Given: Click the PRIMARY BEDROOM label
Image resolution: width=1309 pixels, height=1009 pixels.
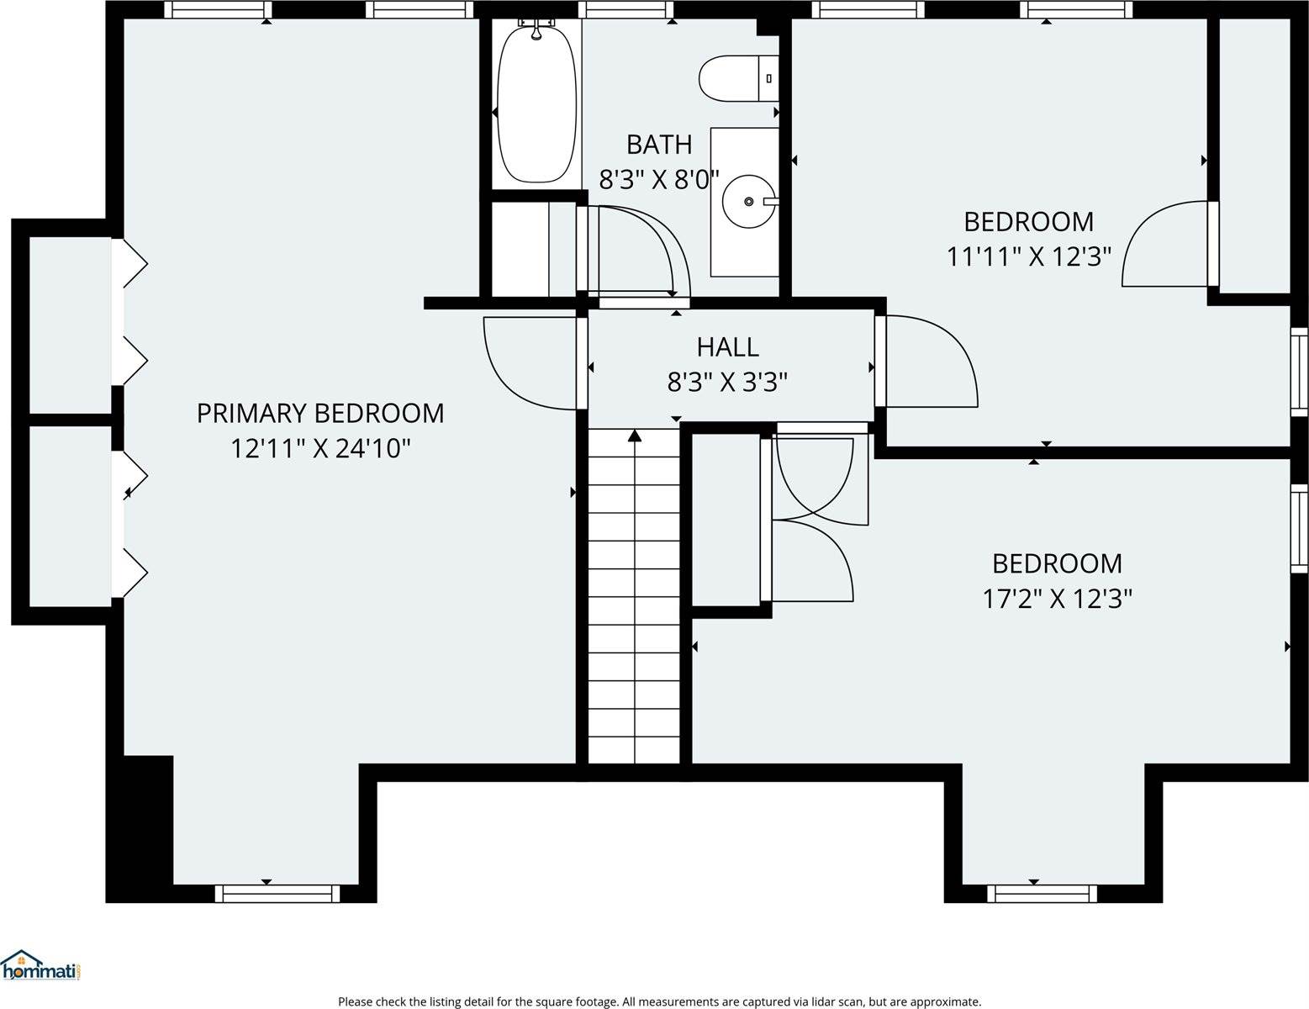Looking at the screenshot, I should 320,413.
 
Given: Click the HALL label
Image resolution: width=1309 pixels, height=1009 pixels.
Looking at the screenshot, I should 727,346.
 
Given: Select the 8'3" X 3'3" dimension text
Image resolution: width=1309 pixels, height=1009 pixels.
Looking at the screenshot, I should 727,383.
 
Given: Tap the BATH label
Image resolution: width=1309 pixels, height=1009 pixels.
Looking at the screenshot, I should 659,145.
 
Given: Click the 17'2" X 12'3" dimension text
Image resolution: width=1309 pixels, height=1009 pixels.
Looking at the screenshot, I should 1057,599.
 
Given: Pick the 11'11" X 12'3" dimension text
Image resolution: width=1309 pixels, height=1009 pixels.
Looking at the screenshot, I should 1029,256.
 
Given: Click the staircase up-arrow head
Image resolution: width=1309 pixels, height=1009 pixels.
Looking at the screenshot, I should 635,436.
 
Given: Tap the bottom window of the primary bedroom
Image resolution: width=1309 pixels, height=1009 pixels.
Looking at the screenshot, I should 277,894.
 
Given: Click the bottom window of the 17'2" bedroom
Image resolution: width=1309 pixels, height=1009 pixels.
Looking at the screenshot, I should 1042,894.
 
